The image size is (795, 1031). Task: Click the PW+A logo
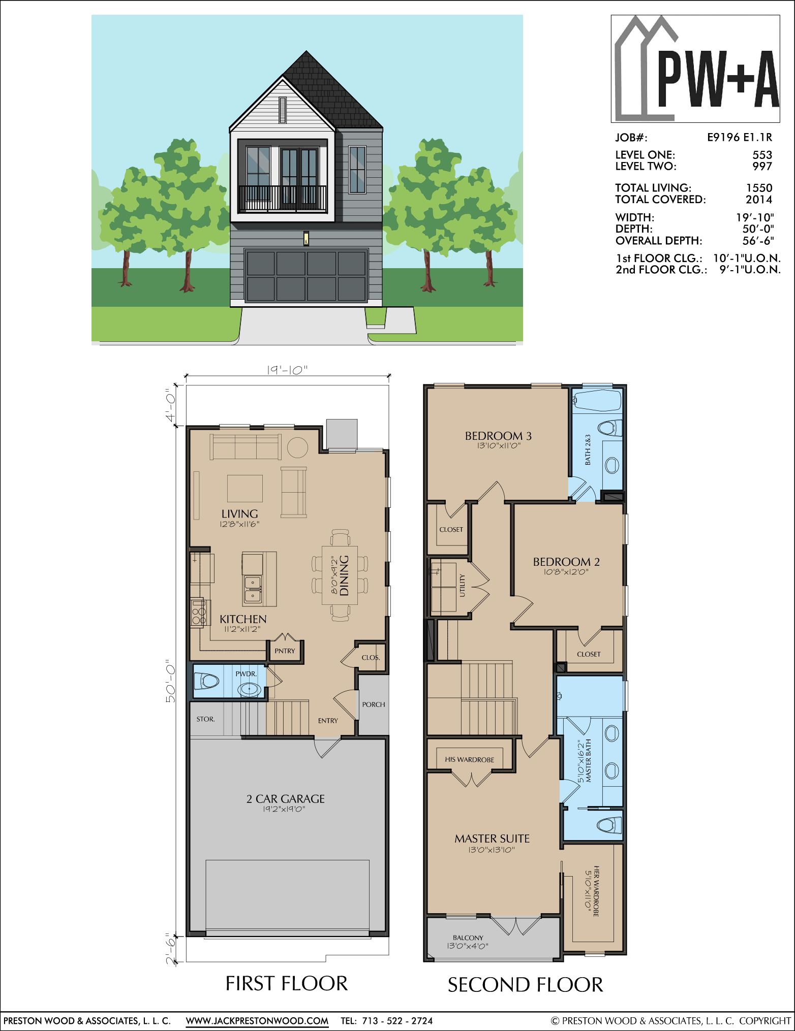tap(695, 69)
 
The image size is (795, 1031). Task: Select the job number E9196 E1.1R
tap(740, 137)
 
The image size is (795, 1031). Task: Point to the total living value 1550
tap(759, 188)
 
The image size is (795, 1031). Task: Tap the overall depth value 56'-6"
tap(758, 240)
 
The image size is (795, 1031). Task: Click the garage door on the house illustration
tap(306, 276)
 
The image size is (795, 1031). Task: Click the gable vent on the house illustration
tap(283, 110)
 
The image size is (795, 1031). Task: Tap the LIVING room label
tap(239, 514)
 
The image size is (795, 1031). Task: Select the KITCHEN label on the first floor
tap(243, 619)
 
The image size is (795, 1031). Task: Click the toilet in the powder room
tap(206, 681)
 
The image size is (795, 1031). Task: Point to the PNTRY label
tap(285, 651)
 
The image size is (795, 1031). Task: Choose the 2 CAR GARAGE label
tap(285, 799)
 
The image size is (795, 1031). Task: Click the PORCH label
tap(374, 704)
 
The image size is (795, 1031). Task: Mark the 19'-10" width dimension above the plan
tap(287, 370)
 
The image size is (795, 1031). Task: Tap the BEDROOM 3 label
tap(498, 436)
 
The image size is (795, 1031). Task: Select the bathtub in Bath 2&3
tap(597, 400)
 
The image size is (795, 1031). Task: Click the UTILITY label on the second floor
tap(462, 585)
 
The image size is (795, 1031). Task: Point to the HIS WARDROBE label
tap(469, 760)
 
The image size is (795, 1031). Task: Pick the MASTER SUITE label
tap(492, 839)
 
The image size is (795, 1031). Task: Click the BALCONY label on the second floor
tap(468, 938)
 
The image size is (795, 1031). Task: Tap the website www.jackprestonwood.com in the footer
tap(257, 1020)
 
